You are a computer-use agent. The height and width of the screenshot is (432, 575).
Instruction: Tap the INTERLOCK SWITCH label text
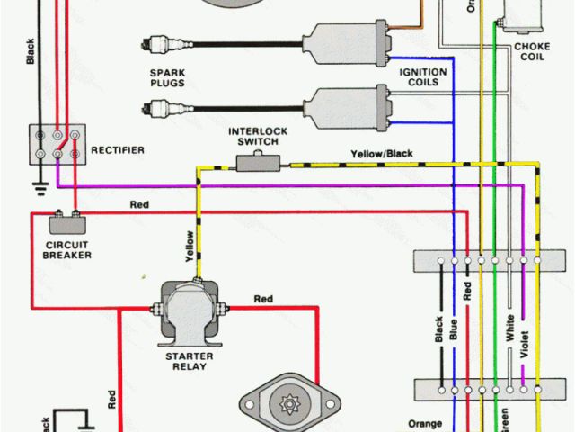pos(257,136)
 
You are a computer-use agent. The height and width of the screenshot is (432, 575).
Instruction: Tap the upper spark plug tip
pos(150,41)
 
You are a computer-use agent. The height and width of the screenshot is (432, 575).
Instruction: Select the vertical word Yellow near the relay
pos(190,246)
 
